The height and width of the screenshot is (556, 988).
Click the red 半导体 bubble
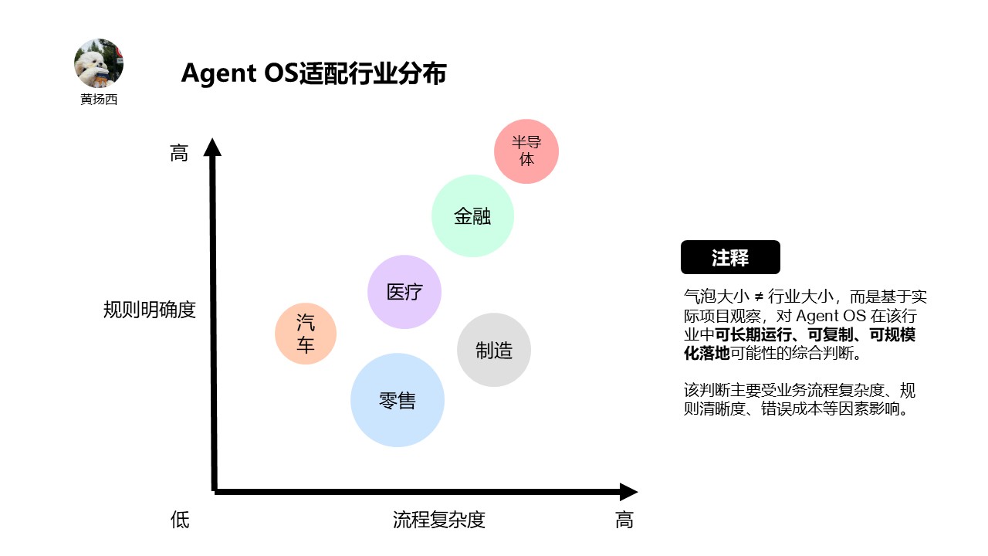click(x=526, y=151)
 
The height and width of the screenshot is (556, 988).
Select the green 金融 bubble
click(x=472, y=216)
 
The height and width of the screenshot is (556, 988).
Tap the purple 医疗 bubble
click(x=404, y=292)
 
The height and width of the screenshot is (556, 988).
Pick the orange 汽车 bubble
click(x=306, y=334)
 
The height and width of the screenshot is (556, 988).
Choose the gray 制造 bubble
click(x=494, y=350)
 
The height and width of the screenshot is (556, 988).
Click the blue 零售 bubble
click(x=398, y=400)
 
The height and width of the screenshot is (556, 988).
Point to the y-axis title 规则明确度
click(x=150, y=310)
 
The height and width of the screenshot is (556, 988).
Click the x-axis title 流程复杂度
click(x=439, y=520)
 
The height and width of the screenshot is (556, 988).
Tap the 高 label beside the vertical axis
click(x=179, y=154)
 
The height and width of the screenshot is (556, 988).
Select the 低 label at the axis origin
click(x=180, y=520)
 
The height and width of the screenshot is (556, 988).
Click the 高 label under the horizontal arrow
click(x=624, y=520)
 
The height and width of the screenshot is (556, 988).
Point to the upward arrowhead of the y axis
click(x=212, y=147)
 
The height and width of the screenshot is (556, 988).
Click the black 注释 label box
click(x=730, y=257)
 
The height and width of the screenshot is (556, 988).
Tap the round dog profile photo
click(x=99, y=63)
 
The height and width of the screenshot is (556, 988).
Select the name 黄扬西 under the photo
click(x=99, y=100)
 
